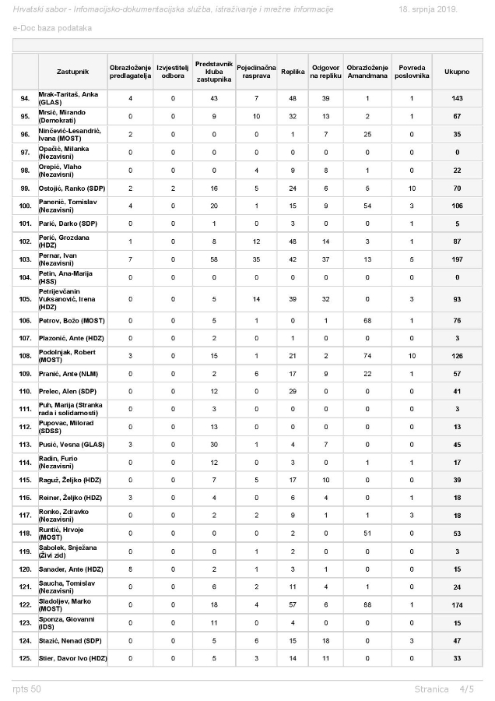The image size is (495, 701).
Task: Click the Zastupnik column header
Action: [72, 72]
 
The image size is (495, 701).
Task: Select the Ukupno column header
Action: [457, 72]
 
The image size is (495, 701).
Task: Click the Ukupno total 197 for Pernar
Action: [457, 259]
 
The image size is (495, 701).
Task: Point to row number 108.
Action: [25, 356]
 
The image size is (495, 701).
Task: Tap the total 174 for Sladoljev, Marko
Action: [457, 604]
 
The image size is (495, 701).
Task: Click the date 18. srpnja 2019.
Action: [428, 9]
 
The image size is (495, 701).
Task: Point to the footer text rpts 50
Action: [27, 689]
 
